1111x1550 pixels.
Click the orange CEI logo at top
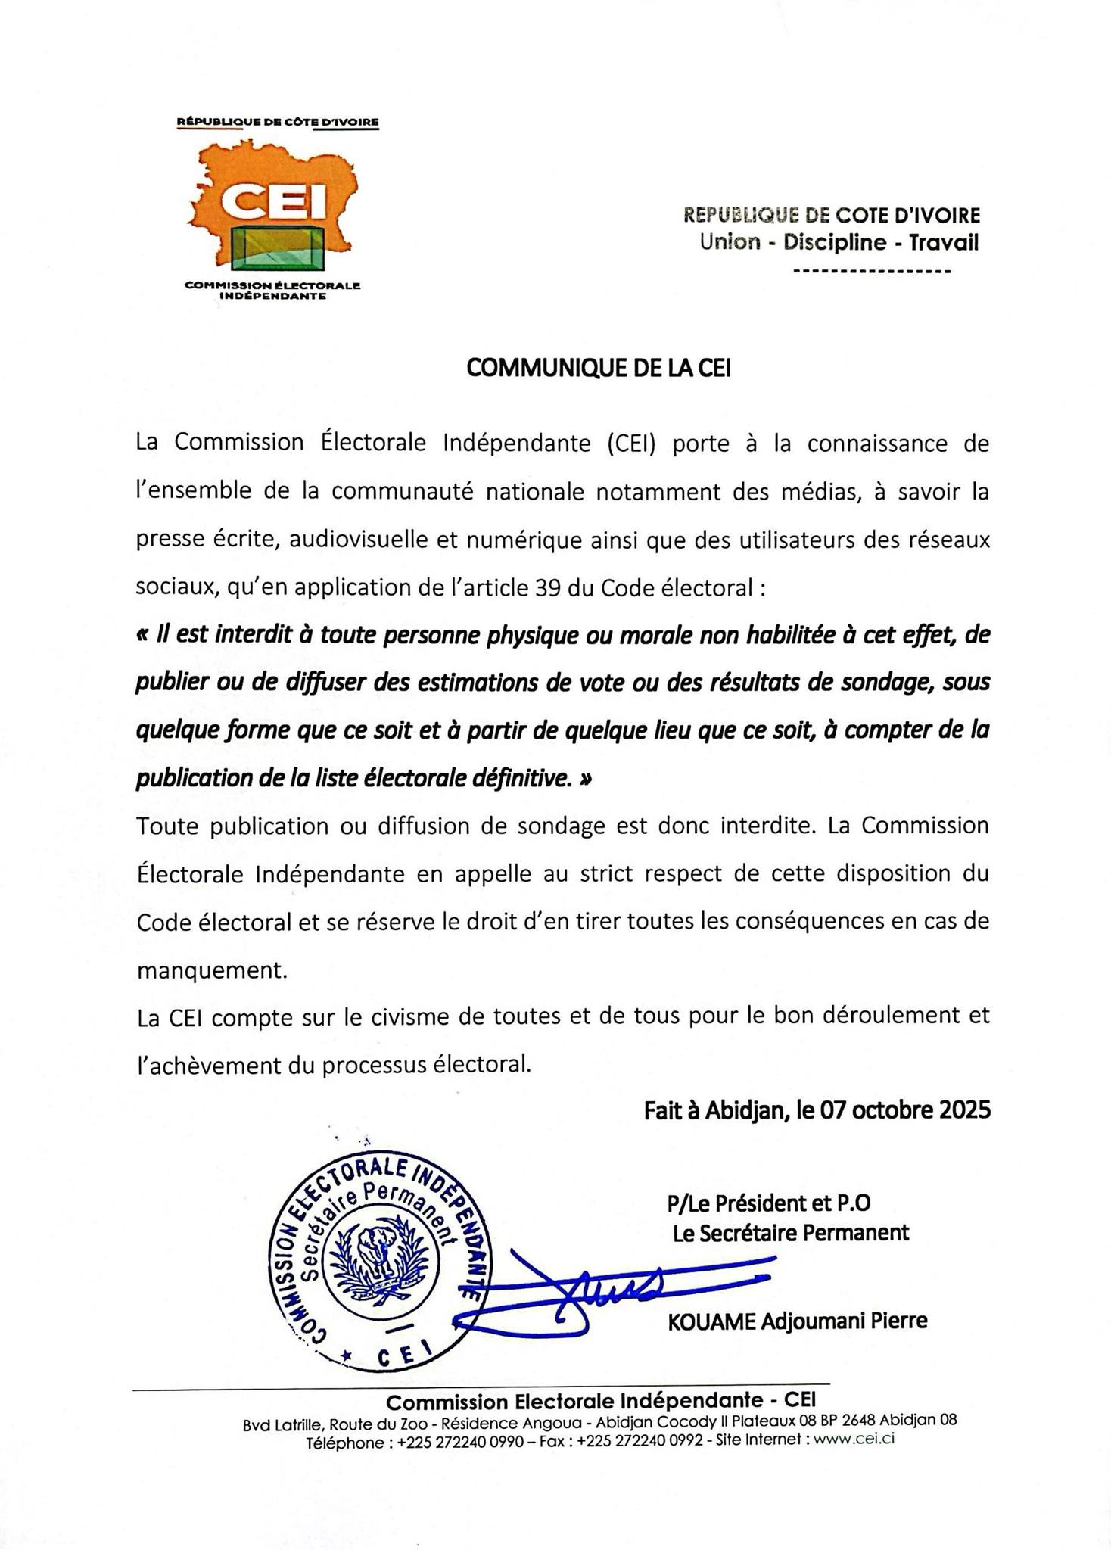(276, 201)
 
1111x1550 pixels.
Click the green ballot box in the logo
(281, 247)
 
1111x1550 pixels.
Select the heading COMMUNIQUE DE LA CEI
(598, 368)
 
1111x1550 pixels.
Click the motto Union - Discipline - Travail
(839, 243)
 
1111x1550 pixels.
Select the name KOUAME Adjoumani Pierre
(797, 1321)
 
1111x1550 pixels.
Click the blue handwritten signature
(605, 1287)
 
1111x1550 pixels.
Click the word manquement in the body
(213, 970)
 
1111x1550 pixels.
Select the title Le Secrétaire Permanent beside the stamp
(791, 1233)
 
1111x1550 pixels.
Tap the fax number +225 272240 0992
(640, 1441)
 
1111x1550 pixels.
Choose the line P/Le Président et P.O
(769, 1202)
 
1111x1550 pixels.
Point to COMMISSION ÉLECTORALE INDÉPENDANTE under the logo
(272, 291)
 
